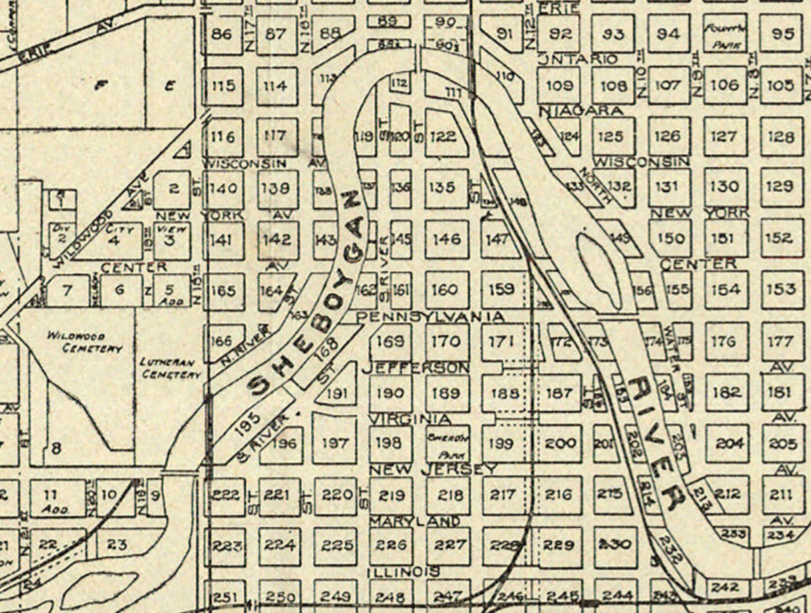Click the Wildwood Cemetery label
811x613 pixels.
(x=84, y=342)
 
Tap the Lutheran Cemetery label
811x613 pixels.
(x=171, y=368)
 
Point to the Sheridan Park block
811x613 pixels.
(x=448, y=443)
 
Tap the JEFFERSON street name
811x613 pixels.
(x=415, y=367)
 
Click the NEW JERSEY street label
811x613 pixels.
(x=433, y=469)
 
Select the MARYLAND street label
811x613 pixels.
(x=414, y=520)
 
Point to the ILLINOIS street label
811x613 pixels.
(x=404, y=572)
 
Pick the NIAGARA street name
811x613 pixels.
(x=580, y=110)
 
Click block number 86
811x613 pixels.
(x=222, y=33)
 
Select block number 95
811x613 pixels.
(x=780, y=33)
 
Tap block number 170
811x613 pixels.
(x=446, y=341)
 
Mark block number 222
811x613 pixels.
(x=225, y=495)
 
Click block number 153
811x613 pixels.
(x=781, y=289)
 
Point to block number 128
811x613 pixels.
(x=781, y=136)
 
